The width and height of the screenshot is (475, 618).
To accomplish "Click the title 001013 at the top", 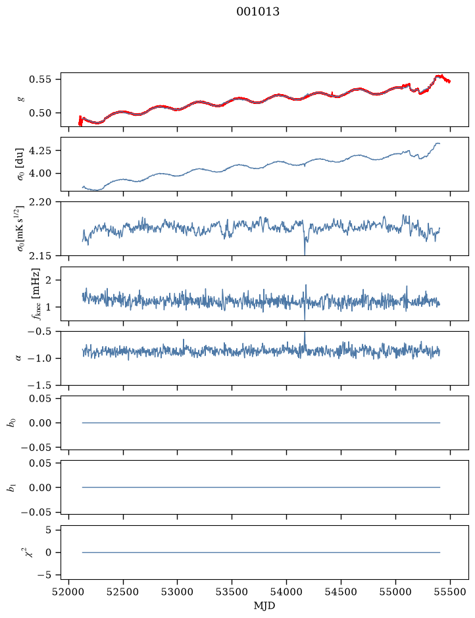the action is [258, 12].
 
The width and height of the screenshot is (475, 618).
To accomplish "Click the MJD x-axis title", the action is [264, 605].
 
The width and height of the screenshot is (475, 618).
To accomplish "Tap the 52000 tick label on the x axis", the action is [69, 592].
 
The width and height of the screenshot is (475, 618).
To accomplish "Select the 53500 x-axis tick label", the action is [232, 592].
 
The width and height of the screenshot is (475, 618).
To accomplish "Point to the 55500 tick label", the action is [450, 592].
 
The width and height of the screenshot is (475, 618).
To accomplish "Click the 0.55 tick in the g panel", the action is [40, 79].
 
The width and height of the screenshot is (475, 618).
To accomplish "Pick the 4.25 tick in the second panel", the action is [40, 151].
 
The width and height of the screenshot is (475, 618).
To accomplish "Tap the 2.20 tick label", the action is [40, 202].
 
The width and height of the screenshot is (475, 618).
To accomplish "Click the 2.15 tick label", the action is [40, 256].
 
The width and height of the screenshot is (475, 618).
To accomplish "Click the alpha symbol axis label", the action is [18, 358].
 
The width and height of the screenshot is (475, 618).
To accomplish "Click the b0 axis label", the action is [12, 423].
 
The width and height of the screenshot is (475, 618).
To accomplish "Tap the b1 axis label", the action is [12, 488].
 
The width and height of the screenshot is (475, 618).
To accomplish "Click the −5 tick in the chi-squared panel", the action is [44, 575].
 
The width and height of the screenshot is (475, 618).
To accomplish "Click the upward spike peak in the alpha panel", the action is [305, 333].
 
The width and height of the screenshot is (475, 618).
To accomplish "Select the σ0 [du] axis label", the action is [19, 165].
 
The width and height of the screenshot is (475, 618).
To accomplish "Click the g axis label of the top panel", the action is [20, 99].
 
